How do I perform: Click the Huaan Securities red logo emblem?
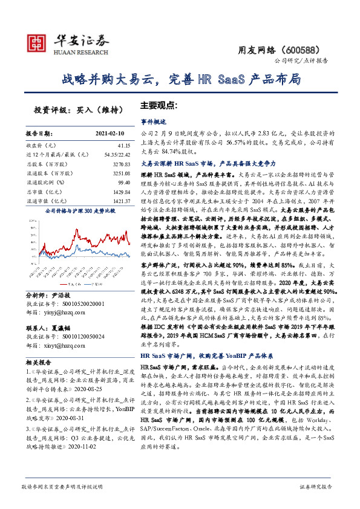38,42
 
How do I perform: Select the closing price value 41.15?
123,146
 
